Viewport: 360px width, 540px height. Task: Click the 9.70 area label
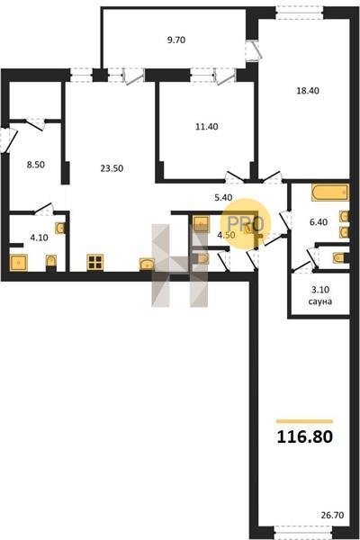176,40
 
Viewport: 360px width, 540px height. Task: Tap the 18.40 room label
308,91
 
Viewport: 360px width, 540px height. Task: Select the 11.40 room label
207,127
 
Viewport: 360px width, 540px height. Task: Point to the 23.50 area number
112,168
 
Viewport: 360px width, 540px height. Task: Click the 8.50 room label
36,165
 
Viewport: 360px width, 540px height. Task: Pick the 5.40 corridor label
223,197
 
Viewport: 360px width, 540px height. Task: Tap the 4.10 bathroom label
39,238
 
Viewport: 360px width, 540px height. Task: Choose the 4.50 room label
226,235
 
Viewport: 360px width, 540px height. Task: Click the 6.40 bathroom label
319,222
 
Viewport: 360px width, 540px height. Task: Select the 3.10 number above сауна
320,290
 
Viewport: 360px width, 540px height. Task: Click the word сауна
320,301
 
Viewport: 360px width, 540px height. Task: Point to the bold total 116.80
305,436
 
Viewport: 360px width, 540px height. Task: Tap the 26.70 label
332,515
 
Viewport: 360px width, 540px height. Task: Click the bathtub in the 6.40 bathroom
330,193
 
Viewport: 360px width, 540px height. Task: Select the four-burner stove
95,263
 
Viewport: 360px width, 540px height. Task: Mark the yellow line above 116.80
304,421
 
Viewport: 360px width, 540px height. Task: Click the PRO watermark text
246,224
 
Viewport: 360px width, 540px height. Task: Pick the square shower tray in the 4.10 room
19,263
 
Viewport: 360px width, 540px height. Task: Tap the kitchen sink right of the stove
147,265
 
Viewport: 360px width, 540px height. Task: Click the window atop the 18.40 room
300,14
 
